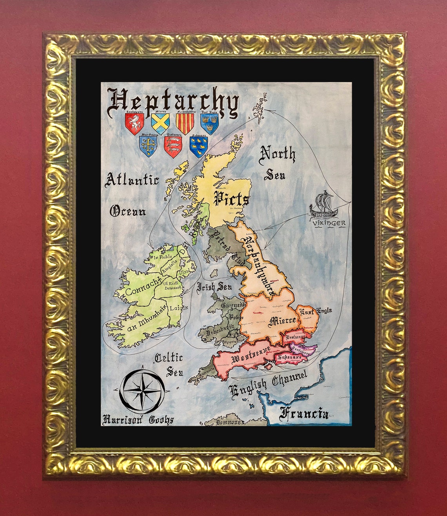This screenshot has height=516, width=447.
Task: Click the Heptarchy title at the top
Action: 173,102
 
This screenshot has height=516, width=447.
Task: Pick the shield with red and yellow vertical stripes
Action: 185,122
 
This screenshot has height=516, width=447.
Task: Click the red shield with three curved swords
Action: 173,146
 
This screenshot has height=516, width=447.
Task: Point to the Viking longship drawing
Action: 323,205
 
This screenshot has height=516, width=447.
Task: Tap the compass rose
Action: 142,391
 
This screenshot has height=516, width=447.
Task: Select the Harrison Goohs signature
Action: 138,420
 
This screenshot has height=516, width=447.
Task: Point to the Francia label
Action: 304,413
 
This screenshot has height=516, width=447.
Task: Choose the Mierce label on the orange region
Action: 282,321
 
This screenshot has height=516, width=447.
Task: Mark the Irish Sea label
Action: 214,287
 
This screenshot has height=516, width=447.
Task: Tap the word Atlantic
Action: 132,180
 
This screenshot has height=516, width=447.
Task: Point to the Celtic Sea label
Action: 169,364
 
